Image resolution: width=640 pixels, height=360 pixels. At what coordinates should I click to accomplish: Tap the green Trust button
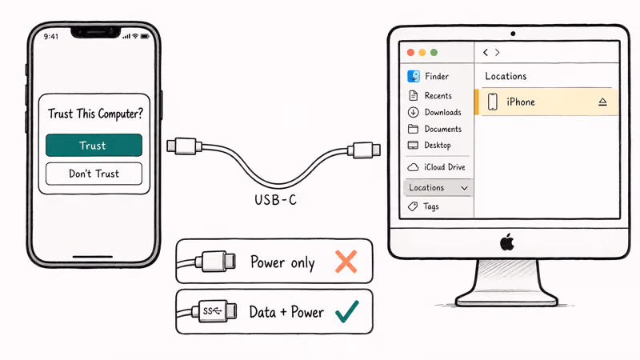[94, 146]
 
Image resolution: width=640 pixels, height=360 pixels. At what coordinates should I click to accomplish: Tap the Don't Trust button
[94, 174]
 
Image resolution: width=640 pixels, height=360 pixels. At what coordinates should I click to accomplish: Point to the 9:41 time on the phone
[51, 36]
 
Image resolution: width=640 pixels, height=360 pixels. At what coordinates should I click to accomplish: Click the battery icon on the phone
[146, 36]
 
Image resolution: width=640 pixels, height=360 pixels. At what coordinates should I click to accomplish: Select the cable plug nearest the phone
[183, 146]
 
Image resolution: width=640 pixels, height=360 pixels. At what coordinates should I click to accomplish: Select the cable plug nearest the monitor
[364, 149]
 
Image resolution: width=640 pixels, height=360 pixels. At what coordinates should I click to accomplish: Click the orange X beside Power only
[346, 262]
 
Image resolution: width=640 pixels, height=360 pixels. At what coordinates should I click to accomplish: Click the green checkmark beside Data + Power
[346, 311]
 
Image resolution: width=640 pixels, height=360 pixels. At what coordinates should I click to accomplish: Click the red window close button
[411, 52]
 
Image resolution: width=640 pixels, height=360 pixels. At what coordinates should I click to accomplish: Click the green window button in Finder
[434, 52]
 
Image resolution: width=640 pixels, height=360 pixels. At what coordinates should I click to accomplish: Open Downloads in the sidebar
[442, 113]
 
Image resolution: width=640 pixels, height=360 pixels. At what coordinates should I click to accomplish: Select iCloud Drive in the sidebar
[445, 167]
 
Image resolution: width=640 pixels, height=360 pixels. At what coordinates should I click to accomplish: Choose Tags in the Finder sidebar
[431, 206]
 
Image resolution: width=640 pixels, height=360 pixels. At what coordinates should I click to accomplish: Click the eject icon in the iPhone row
[602, 102]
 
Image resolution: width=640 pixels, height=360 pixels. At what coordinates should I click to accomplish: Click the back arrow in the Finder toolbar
[485, 53]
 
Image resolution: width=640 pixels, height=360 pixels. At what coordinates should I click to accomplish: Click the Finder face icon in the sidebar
[414, 77]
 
